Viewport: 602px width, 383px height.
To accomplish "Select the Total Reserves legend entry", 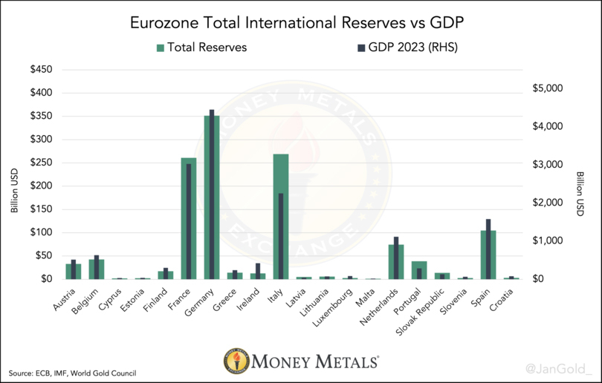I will (x=201, y=48).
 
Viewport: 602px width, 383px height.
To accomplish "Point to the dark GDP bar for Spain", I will (x=488, y=249).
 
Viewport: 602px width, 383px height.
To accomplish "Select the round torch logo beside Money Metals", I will (x=236, y=361).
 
